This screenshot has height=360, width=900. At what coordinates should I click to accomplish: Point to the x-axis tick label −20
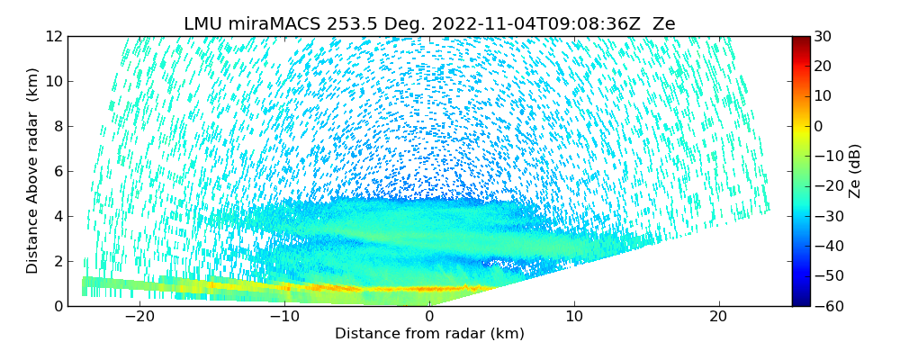tap(139, 318)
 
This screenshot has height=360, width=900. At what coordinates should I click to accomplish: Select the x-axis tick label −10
tap(284, 318)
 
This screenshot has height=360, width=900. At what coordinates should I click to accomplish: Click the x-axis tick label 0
tap(429, 318)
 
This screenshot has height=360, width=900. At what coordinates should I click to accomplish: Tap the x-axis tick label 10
tap(574, 318)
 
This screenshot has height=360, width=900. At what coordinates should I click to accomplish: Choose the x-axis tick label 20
tap(718, 318)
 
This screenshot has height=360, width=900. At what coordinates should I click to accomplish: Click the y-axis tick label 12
tap(53, 36)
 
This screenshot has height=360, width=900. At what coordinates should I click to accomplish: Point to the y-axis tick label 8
tap(57, 126)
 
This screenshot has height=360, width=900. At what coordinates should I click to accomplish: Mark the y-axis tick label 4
tap(57, 216)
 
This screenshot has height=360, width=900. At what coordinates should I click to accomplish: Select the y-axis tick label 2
tap(57, 261)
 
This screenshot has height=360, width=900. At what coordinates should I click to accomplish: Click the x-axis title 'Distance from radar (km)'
tap(429, 334)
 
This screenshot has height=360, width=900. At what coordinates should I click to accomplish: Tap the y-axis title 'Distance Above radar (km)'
tap(33, 171)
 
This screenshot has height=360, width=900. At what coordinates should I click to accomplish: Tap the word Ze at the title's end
tap(664, 24)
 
